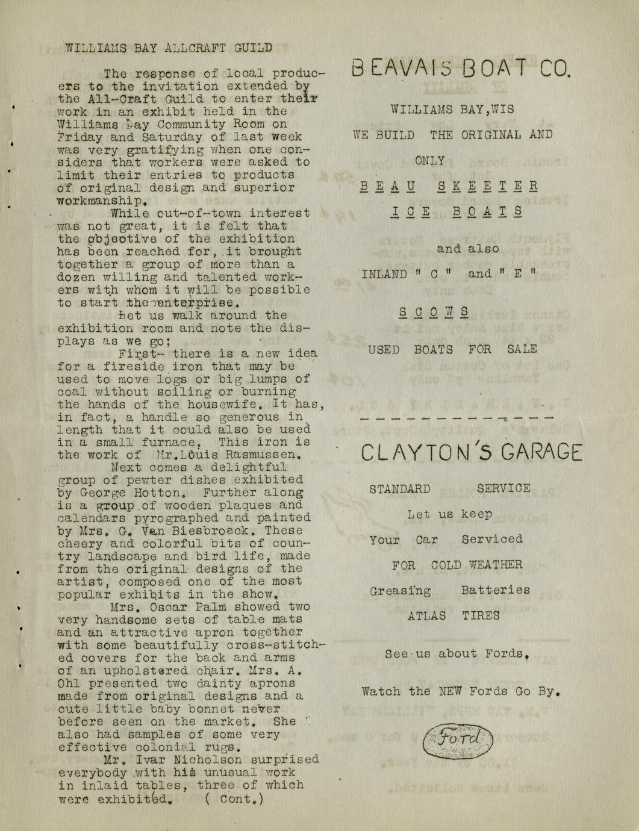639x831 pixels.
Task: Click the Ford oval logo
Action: [x=458, y=740]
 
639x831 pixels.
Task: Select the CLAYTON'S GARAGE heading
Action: [x=472, y=452]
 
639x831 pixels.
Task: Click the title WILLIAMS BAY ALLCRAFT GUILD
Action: [x=168, y=48]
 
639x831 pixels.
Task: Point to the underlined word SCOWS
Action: [x=434, y=313]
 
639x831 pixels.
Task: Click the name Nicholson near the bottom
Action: [x=208, y=760]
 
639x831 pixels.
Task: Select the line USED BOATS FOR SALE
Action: [x=452, y=349]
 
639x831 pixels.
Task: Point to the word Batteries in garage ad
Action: [x=496, y=590]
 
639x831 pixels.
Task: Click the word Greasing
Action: [x=401, y=591]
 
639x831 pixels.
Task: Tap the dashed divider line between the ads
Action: [x=456, y=417]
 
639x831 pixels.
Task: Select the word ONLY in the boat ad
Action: [x=430, y=161]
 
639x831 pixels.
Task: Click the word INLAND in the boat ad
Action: [x=384, y=275]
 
